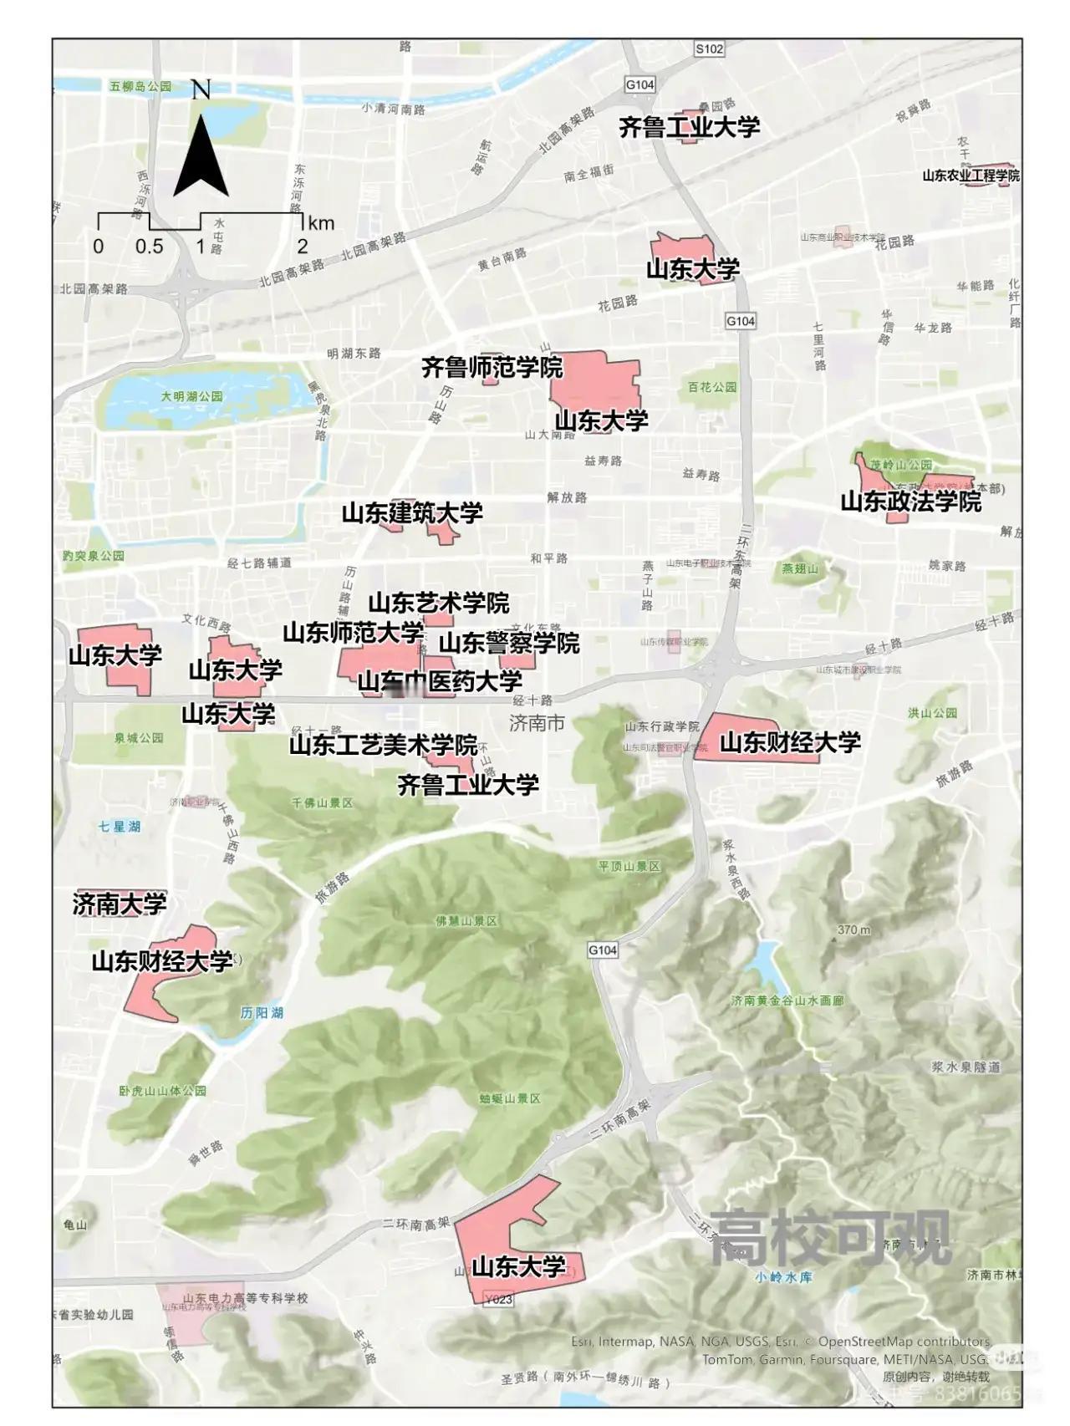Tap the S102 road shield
click(709, 49)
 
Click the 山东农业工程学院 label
click(971, 176)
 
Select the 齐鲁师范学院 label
click(491, 367)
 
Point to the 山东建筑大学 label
click(412, 512)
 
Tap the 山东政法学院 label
click(910, 502)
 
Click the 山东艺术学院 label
click(439, 603)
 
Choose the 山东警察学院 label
click(509, 643)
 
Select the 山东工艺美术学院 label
click(383, 745)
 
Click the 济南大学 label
click(120, 904)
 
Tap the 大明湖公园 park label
click(191, 396)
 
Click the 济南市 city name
click(537, 723)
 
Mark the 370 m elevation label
click(853, 929)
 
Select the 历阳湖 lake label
click(262, 1012)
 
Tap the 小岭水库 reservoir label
click(783, 1276)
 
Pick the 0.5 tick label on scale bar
click(150, 247)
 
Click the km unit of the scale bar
click(321, 223)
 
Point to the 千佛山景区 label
click(322, 802)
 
